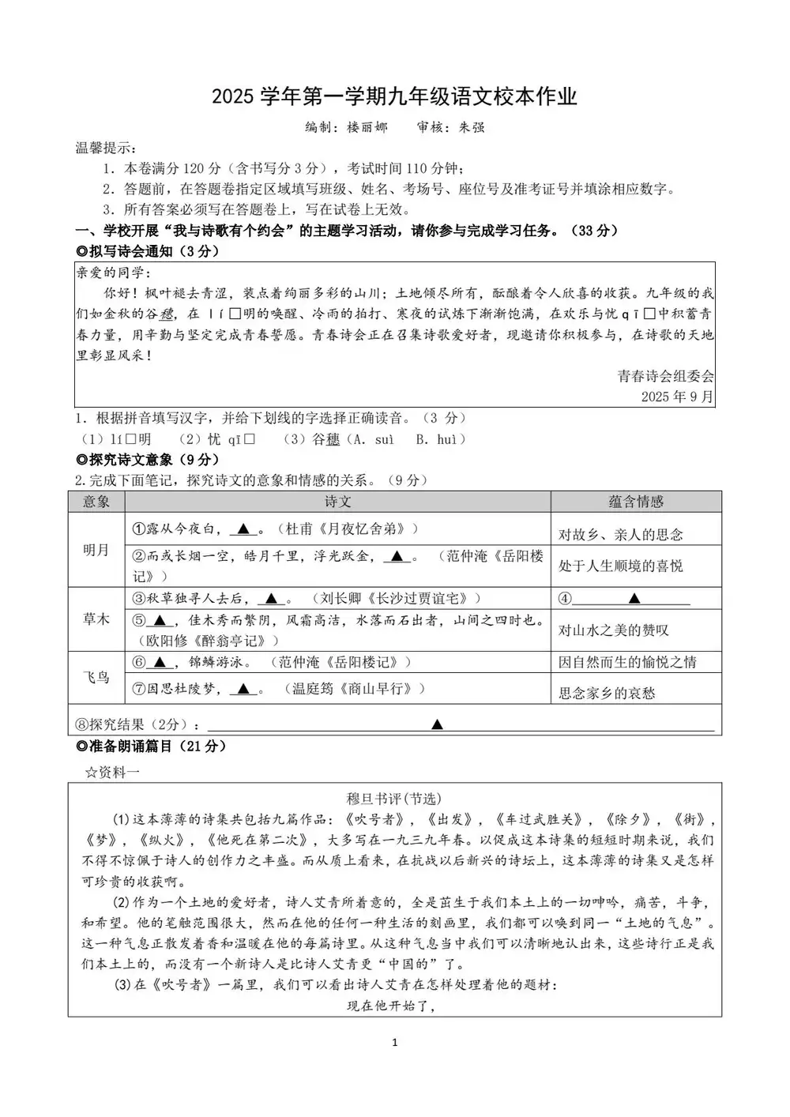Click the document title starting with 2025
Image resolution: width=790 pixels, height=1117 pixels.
tap(394, 97)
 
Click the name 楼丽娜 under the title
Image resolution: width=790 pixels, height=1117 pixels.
tap(367, 127)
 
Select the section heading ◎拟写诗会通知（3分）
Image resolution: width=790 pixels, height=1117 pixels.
tap(147, 251)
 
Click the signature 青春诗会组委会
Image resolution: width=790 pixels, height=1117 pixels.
tap(665, 376)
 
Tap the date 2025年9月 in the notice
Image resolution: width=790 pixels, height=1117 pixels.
tap(677, 396)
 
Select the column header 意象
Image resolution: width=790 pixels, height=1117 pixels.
tap(96, 502)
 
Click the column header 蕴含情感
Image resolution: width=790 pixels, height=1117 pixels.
tap(636, 502)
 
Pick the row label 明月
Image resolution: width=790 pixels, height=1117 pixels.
tap(96, 550)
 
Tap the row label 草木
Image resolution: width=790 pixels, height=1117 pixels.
tap(96, 619)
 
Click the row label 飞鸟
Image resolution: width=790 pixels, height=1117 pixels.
tap(96, 677)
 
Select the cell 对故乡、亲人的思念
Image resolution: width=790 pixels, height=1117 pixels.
tap(621, 535)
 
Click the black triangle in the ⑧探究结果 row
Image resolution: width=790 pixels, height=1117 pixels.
tap(437, 724)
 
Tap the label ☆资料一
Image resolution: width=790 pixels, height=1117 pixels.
tap(111, 772)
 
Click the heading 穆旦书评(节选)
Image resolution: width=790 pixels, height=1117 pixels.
tap(394, 799)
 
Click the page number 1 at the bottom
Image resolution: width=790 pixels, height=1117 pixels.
tap(394, 1043)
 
